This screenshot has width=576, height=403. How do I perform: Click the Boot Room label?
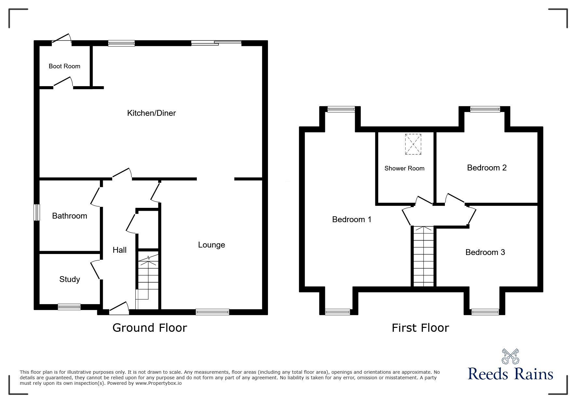point(64,66)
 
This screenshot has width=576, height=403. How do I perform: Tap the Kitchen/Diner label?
point(151,113)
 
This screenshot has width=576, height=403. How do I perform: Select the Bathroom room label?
point(70,216)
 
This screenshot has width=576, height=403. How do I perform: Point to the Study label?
point(70,279)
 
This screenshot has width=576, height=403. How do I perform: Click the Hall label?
point(120,250)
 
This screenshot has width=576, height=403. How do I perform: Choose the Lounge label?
point(211,245)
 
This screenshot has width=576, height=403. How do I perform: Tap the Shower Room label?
point(404,168)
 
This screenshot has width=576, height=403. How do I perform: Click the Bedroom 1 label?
point(352,219)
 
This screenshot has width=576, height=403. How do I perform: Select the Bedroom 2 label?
point(487,168)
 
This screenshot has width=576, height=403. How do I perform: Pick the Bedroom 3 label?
point(485,252)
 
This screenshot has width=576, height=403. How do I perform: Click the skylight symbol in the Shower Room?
point(413,144)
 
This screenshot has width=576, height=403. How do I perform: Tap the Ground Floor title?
point(150,328)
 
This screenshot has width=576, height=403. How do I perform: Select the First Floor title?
point(420,328)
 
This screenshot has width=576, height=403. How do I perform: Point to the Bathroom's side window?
point(37,212)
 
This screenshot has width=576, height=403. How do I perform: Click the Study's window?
point(69,306)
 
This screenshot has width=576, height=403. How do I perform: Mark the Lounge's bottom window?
point(212,312)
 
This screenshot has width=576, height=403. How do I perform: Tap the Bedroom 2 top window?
point(485,109)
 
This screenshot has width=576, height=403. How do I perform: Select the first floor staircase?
point(423,256)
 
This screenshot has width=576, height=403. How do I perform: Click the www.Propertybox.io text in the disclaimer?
point(159,383)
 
